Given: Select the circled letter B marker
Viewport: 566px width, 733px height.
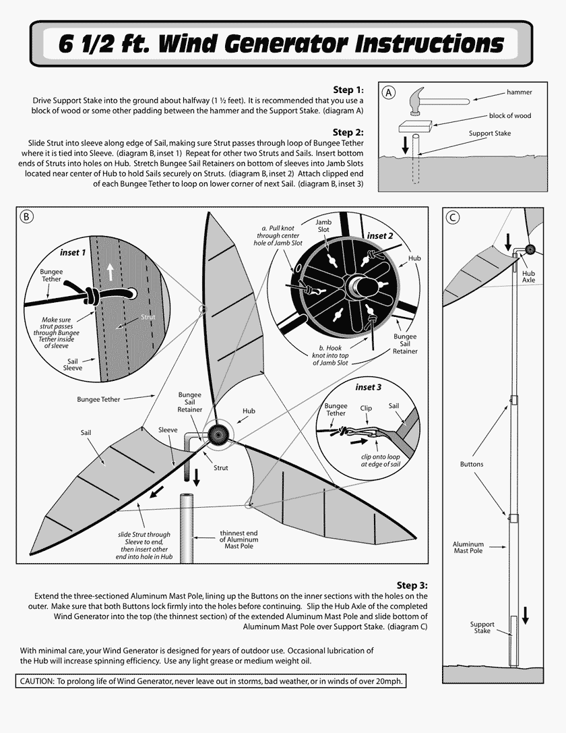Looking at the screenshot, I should coord(26,216).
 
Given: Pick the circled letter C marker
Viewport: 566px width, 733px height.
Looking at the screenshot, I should coord(453,216).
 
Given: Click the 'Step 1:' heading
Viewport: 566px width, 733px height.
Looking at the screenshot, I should coord(348,90).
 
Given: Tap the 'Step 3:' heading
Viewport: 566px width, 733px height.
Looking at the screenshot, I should coord(412,585).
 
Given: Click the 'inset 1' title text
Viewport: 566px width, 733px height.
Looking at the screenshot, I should coord(73,253).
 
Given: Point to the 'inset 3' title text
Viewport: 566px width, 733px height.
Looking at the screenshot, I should coord(369,387).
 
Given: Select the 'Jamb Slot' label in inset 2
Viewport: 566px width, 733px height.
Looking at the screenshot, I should coord(323,225).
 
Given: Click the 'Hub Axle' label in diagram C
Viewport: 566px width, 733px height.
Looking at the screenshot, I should coord(529,276).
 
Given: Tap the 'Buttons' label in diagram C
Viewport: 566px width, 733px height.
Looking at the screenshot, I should coord(472,464).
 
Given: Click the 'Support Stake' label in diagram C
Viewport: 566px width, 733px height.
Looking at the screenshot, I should coord(482,627).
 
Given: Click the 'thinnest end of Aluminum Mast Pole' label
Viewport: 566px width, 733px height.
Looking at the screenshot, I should coord(239,539).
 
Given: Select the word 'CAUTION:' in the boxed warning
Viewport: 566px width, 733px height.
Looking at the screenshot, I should coord(37,682).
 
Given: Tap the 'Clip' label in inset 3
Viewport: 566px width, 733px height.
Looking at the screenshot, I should coord(366,408).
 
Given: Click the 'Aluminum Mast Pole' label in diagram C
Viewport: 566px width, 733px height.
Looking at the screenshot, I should coord(468,547).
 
